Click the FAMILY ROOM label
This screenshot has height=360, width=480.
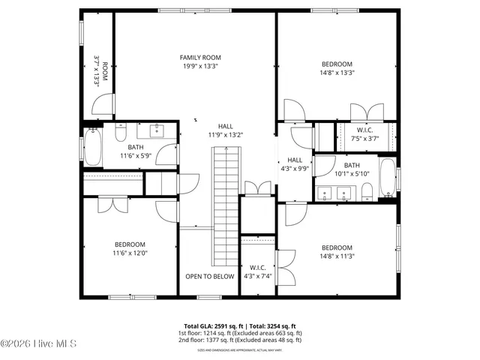pyautogui.click(x=200, y=57)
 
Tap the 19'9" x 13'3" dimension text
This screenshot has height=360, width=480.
pyautogui.click(x=200, y=66)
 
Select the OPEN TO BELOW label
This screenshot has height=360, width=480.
pyautogui.click(x=210, y=276)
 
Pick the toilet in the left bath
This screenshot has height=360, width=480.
pyautogui.click(x=120, y=135)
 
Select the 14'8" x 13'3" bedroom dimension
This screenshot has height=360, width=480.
pyautogui.click(x=337, y=73)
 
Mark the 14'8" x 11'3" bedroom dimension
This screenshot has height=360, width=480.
pyautogui.click(x=337, y=256)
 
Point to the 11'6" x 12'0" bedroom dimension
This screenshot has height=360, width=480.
pyautogui.click(x=130, y=253)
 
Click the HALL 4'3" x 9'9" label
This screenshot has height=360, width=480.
pyautogui.click(x=295, y=164)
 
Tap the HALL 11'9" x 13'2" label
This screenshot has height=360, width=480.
pyautogui.click(x=226, y=130)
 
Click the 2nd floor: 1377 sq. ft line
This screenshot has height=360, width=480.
pyautogui.click(x=240, y=340)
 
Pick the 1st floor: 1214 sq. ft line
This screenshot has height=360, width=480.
pyautogui.click(x=240, y=333)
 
